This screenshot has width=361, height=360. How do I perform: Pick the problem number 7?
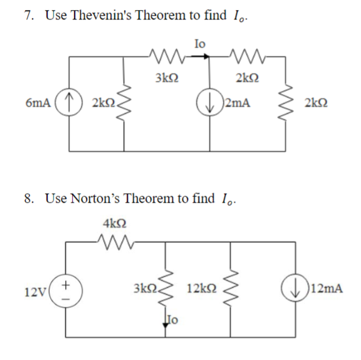[28, 16]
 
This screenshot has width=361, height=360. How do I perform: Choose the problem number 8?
[28, 199]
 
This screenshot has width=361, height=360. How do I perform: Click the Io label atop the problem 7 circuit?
[199, 44]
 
